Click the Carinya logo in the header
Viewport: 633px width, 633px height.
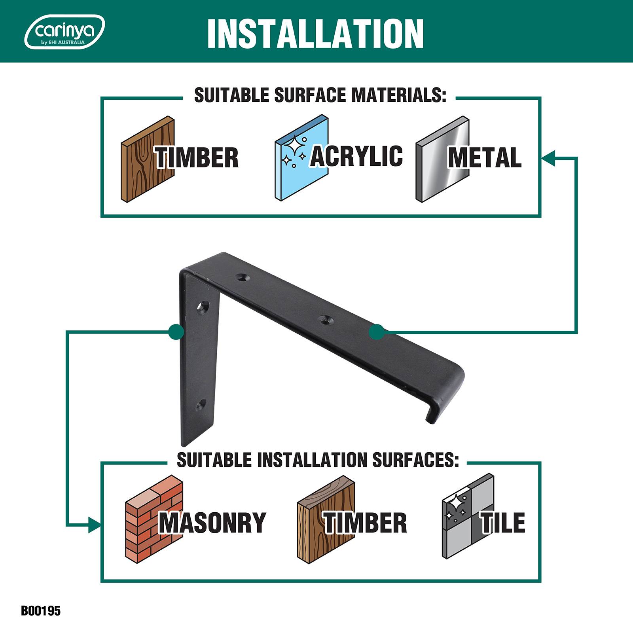click(x=64, y=32)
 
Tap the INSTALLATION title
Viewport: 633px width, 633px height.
click(x=315, y=34)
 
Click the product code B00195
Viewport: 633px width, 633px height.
click(x=41, y=610)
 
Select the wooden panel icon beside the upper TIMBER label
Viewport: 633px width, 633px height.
click(x=147, y=159)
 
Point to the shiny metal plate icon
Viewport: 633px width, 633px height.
click(x=442, y=159)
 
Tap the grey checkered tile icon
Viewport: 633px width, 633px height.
click(x=468, y=516)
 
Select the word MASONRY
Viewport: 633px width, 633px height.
click(x=212, y=522)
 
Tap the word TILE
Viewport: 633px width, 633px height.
click(x=503, y=522)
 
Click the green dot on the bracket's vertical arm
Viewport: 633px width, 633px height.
click(x=176, y=332)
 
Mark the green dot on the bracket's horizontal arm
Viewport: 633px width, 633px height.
click(x=377, y=332)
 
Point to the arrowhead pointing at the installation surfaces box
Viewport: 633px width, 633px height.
click(x=94, y=525)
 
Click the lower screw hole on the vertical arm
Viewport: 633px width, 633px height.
click(x=202, y=404)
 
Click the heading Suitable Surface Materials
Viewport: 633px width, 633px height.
click(x=320, y=95)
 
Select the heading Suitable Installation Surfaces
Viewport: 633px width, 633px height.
click(x=318, y=460)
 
